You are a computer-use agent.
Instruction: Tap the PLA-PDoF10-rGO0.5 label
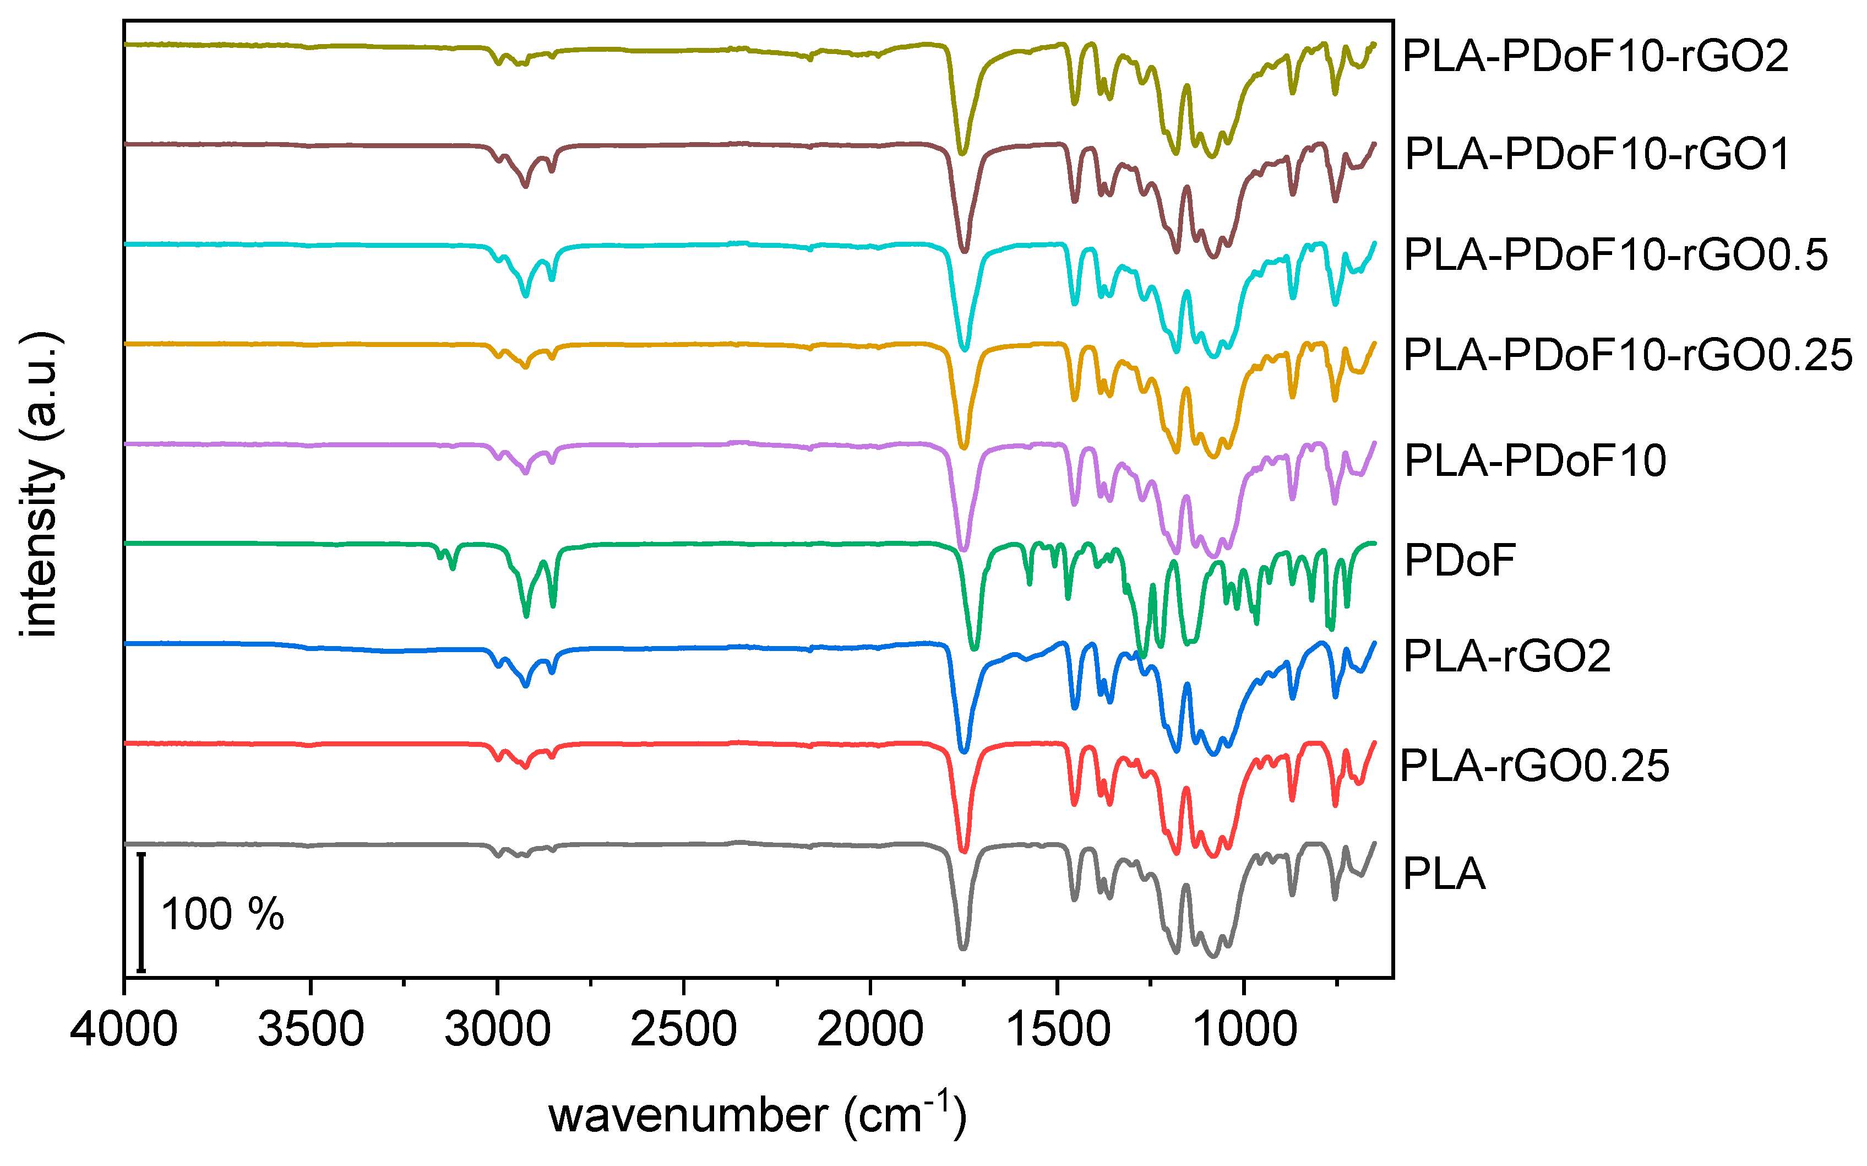pos(1615,254)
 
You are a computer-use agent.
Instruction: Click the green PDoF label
pos(1459,561)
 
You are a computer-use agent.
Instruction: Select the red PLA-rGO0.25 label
pos(1534,766)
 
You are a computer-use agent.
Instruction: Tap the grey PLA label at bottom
pos(1444,875)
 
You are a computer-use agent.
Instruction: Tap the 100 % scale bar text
pos(222,915)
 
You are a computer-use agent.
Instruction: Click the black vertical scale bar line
pos(141,912)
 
